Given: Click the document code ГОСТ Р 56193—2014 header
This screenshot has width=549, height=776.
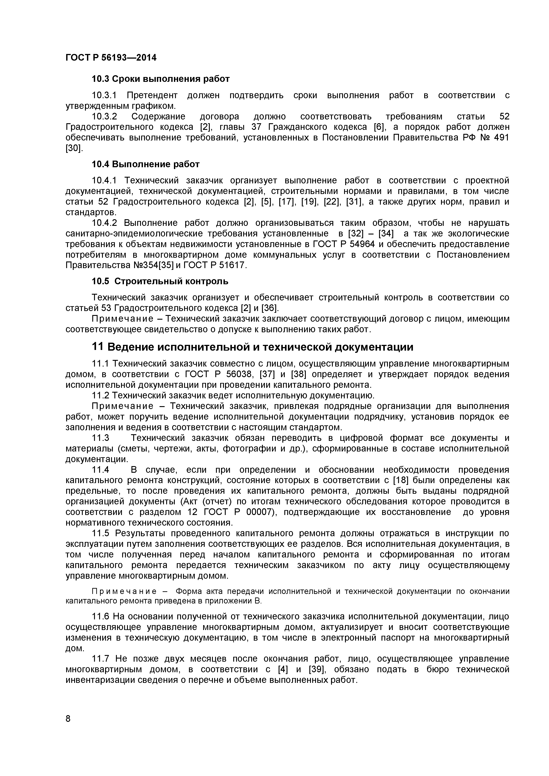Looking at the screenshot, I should click(x=111, y=58).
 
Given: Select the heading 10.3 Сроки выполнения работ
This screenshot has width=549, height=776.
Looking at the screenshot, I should click(x=161, y=79).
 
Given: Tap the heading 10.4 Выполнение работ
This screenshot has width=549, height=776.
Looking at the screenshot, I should click(x=146, y=164).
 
